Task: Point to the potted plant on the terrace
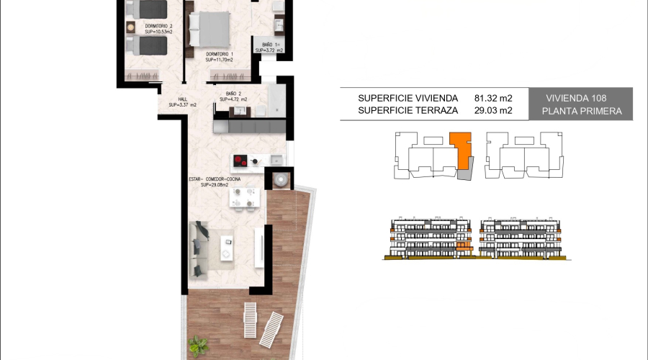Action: click(197, 347)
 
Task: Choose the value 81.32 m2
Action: click(493, 98)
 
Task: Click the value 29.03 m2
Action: click(493, 111)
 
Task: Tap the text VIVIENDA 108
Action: click(576, 98)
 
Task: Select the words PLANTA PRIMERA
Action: click(580, 112)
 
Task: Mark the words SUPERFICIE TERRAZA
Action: click(408, 111)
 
